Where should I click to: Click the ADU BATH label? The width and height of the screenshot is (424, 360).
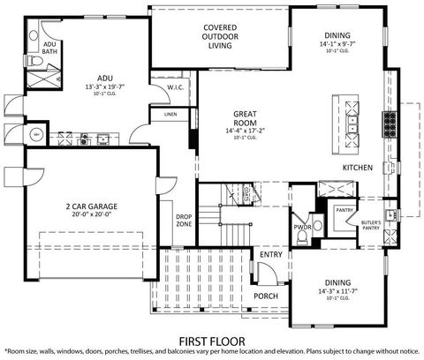(49, 49)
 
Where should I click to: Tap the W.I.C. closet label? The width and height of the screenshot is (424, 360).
(175, 87)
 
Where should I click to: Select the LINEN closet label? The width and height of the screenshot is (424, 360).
(170, 115)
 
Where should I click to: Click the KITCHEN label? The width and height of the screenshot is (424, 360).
(358, 168)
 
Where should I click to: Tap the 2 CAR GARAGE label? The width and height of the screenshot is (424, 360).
(89, 206)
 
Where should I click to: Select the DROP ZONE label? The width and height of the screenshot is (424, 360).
(184, 220)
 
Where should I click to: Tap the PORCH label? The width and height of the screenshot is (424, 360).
(265, 296)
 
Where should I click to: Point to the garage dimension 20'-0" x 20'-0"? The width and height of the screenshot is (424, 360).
(89, 214)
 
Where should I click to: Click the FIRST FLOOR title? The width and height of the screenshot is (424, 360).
(211, 339)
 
